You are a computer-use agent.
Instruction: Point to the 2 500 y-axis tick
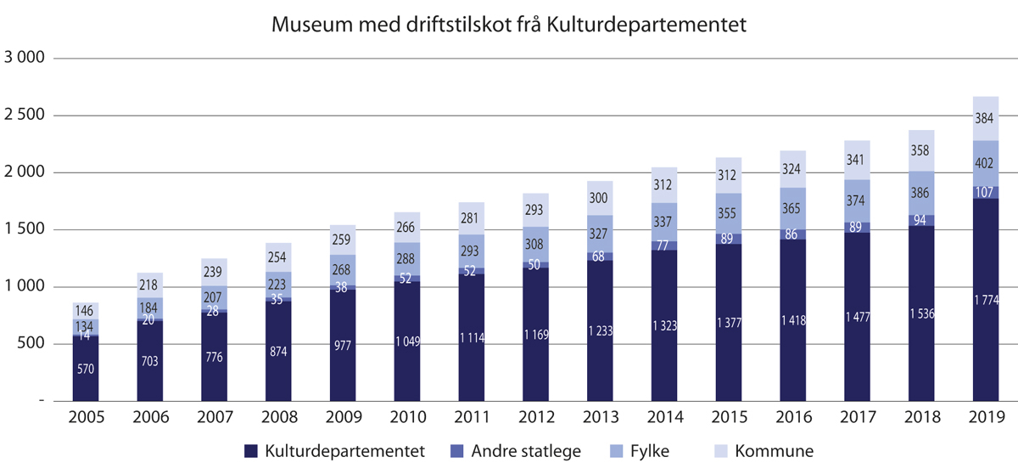click(28, 116)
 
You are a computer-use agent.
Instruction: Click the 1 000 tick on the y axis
click(28, 287)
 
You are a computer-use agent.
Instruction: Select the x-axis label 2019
click(985, 417)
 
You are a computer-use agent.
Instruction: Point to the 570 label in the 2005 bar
click(86, 370)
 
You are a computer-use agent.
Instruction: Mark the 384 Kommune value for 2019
click(985, 119)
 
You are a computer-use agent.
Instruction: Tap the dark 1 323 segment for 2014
click(664, 324)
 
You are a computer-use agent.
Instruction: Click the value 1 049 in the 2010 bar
click(407, 341)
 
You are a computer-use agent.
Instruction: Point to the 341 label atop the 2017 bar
click(857, 160)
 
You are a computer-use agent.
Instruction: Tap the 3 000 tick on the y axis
click(28, 59)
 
